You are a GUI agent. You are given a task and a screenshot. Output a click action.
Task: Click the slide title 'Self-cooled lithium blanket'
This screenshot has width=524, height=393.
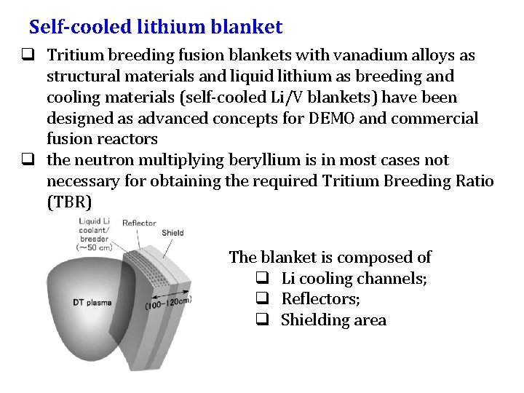(x=155, y=28)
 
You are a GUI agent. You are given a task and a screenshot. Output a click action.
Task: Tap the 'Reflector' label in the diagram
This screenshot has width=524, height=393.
(x=139, y=223)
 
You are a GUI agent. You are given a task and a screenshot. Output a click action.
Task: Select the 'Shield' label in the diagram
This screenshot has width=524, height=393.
(x=172, y=234)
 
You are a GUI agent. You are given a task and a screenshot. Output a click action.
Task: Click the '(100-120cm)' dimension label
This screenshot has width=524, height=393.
(x=169, y=302)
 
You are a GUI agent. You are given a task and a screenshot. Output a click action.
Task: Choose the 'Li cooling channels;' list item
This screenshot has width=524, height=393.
(x=354, y=278)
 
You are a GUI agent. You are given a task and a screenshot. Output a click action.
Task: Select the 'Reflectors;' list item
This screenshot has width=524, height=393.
(x=321, y=299)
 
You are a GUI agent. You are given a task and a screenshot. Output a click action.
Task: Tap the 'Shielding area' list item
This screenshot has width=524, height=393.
(x=333, y=320)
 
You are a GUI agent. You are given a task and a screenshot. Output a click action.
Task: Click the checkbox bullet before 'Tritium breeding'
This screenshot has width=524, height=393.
(x=34, y=55)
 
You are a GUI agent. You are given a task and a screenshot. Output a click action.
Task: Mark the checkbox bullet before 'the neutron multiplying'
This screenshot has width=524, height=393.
(x=34, y=160)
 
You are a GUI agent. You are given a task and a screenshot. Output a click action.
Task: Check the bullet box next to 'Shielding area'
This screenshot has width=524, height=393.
(x=263, y=320)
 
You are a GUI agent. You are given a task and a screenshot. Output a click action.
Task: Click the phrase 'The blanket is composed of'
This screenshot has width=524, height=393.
(x=330, y=257)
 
